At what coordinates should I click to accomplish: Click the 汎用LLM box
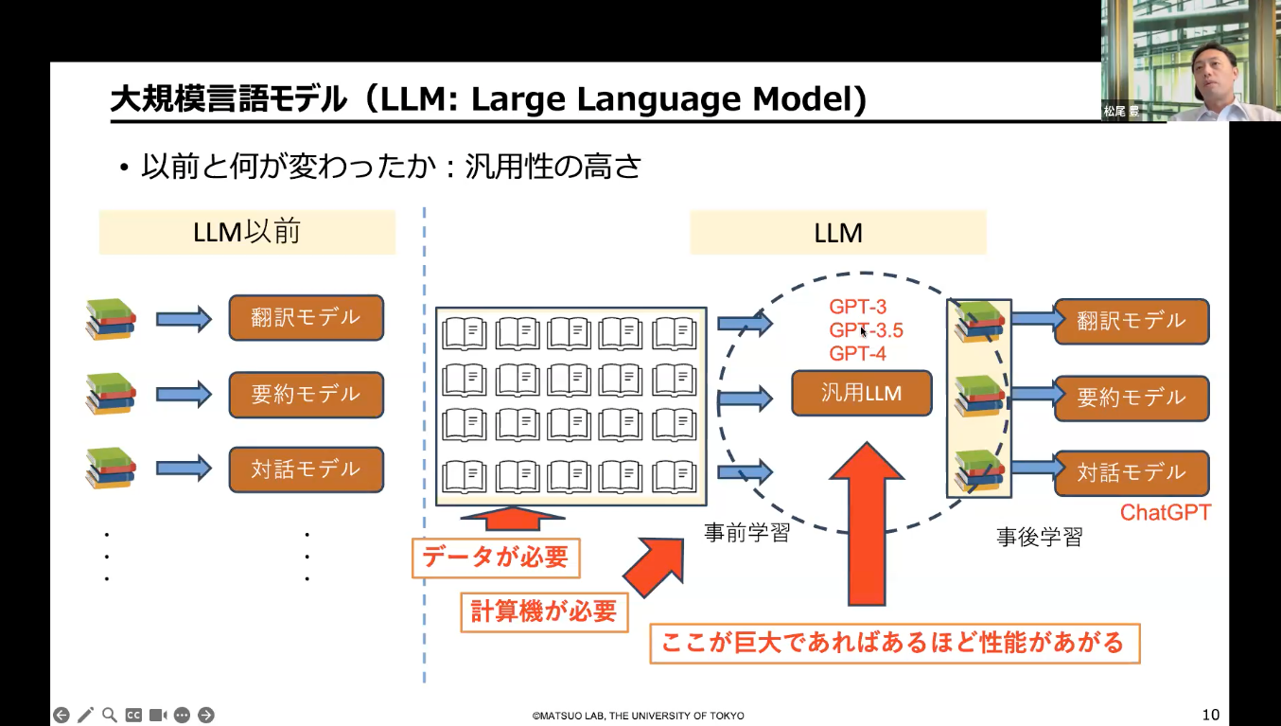click(x=861, y=393)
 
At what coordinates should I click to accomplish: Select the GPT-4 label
click(x=857, y=354)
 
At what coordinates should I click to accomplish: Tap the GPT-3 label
click(x=857, y=307)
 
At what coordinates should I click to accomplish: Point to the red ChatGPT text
click(x=1165, y=513)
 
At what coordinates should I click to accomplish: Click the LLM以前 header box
click(x=247, y=232)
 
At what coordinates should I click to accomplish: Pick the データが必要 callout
click(x=496, y=558)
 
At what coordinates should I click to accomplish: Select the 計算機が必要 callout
click(x=544, y=612)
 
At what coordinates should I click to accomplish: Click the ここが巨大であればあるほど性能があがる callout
click(x=895, y=644)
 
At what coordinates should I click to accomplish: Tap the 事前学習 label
click(x=746, y=533)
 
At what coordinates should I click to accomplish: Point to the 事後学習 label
click(x=1040, y=537)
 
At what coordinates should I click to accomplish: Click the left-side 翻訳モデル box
click(x=306, y=318)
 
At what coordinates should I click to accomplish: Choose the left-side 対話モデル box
click(x=306, y=469)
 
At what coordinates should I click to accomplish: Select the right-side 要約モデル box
click(x=1132, y=398)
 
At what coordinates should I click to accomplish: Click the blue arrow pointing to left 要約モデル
click(x=184, y=394)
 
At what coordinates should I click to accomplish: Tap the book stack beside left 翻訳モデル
click(x=111, y=319)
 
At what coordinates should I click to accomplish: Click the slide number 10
click(x=1211, y=715)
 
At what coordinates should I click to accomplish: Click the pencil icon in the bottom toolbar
click(x=85, y=715)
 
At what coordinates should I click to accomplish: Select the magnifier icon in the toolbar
click(x=109, y=715)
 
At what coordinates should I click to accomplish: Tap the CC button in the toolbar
click(x=133, y=716)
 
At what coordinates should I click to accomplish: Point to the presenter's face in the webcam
click(x=1213, y=76)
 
